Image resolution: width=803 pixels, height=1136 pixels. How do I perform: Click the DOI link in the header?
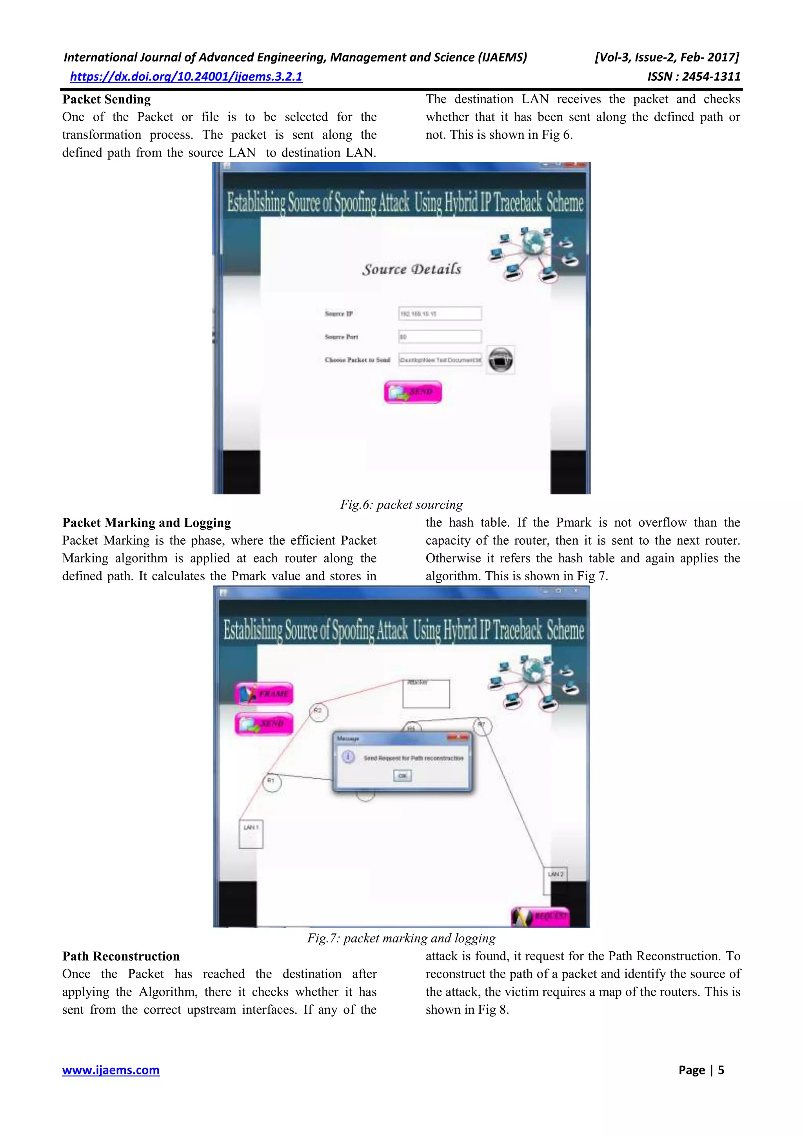tap(186, 77)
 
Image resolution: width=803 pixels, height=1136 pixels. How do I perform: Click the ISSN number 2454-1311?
tap(694, 77)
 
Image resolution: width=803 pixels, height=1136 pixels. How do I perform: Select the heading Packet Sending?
tap(106, 100)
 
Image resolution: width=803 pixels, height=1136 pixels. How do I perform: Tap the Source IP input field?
tap(440, 314)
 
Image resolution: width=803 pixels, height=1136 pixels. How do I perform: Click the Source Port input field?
tap(440, 337)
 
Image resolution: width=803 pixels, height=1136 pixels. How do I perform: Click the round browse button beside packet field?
tap(500, 360)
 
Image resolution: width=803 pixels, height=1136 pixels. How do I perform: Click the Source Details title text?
tap(411, 269)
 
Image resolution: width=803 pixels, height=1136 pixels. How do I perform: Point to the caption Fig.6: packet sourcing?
tap(401, 505)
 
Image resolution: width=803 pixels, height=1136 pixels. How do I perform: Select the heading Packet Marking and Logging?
tap(147, 523)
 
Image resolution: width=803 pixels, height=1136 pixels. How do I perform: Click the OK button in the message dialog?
tap(402, 775)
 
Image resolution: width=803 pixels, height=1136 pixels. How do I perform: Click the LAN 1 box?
tap(251, 834)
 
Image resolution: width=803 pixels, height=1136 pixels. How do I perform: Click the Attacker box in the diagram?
tap(426, 694)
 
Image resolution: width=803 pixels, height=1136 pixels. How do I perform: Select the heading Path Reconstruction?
tap(121, 956)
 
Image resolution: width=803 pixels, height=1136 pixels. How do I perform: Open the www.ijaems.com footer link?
tap(111, 1070)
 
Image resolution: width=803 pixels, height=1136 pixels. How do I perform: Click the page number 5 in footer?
tap(721, 1070)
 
